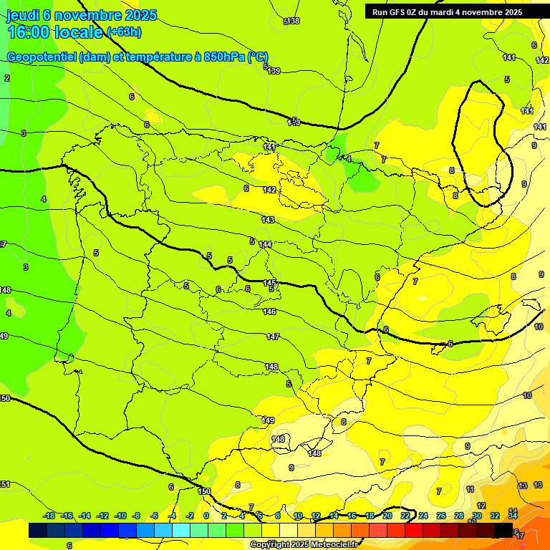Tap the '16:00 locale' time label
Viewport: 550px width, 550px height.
point(55,32)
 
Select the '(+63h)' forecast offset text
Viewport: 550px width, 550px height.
point(124,32)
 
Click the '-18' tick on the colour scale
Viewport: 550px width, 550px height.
point(49,516)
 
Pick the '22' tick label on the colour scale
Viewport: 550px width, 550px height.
point(405,516)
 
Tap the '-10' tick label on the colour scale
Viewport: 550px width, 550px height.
point(120,516)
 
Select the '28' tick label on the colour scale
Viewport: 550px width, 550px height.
point(459,516)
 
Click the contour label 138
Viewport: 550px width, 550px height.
point(294,21)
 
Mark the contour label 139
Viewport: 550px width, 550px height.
point(274,71)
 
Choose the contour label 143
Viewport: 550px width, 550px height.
point(268,220)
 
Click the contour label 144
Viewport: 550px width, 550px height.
point(266,244)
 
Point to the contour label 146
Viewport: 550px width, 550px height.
point(269,312)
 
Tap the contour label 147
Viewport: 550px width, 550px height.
point(273,337)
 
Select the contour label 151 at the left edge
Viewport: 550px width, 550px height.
point(5,485)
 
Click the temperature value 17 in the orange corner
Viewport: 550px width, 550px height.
point(520,536)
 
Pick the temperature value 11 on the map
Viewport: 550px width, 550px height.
point(470,490)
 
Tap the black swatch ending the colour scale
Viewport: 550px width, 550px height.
point(503,531)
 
